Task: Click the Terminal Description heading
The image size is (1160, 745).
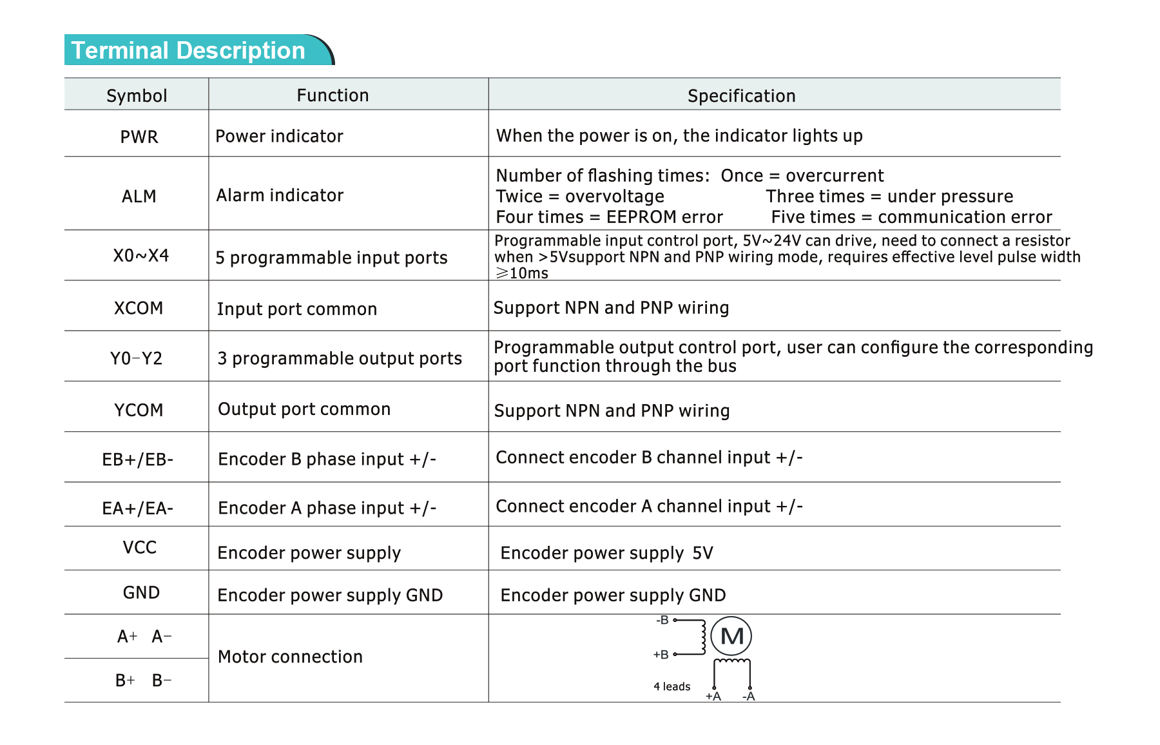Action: coord(188,50)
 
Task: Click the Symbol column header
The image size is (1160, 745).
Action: coord(137,96)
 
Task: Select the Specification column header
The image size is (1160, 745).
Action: coord(741,96)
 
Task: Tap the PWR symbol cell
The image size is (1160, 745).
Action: coord(139,137)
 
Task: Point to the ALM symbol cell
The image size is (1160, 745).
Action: coord(139,196)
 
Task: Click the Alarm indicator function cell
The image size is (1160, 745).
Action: coord(280,195)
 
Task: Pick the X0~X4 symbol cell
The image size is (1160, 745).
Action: coord(141,256)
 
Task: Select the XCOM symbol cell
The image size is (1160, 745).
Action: coord(139,308)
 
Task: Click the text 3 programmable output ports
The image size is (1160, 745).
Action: coord(340,358)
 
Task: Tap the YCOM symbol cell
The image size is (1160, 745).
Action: coord(139,410)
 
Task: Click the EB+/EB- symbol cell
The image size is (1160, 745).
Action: coord(138,460)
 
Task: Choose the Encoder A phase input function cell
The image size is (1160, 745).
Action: coord(327,508)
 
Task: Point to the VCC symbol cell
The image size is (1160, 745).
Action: coord(140,548)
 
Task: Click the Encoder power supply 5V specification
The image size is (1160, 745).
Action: coord(606,553)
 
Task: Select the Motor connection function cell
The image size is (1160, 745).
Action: coord(290,657)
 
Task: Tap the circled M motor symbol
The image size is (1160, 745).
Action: coord(731,636)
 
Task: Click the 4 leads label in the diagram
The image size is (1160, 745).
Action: coord(672,687)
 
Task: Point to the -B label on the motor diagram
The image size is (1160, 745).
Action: coord(662,621)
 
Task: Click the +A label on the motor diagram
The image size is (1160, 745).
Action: coord(713,697)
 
